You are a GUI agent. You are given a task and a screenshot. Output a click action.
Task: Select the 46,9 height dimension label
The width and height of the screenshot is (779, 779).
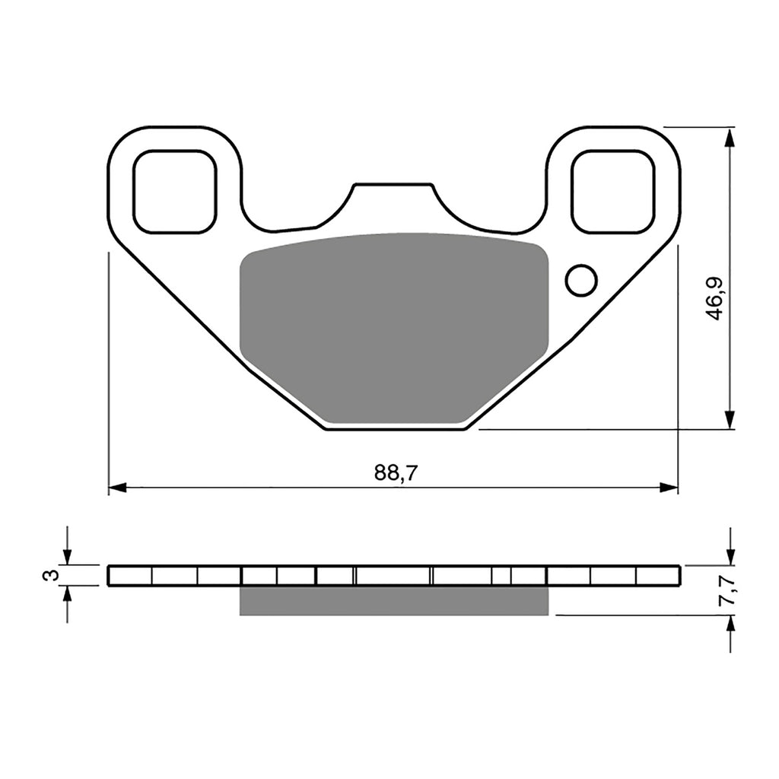pos(714,297)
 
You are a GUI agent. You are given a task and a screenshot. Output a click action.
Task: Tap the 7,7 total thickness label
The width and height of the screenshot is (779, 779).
pos(728,590)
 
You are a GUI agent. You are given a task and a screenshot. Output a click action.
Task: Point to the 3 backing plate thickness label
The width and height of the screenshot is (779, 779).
pos(51,575)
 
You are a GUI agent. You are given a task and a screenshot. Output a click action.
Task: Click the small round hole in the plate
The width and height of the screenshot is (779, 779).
pos(581,280)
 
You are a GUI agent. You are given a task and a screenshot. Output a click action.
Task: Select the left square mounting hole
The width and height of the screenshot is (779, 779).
pos(175,192)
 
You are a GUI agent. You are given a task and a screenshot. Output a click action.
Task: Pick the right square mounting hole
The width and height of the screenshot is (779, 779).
pos(612,192)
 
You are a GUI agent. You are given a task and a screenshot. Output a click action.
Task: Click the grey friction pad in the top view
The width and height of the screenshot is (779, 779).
pos(393,327)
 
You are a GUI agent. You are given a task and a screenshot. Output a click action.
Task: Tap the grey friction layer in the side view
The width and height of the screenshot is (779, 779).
pos(393,600)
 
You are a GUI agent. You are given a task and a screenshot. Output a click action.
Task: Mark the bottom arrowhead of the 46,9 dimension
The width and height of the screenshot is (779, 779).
pos(730,420)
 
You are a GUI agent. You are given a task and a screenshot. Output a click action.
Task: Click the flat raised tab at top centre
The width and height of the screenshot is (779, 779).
pos(393,185)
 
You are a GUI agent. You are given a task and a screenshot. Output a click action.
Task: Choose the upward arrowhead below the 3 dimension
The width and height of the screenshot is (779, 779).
pos(68,594)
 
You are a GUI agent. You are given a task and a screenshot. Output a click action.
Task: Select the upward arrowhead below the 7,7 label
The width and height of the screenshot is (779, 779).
pos(730,624)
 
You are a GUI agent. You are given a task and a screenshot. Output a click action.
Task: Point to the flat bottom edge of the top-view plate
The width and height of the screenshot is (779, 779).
pos(396,429)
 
